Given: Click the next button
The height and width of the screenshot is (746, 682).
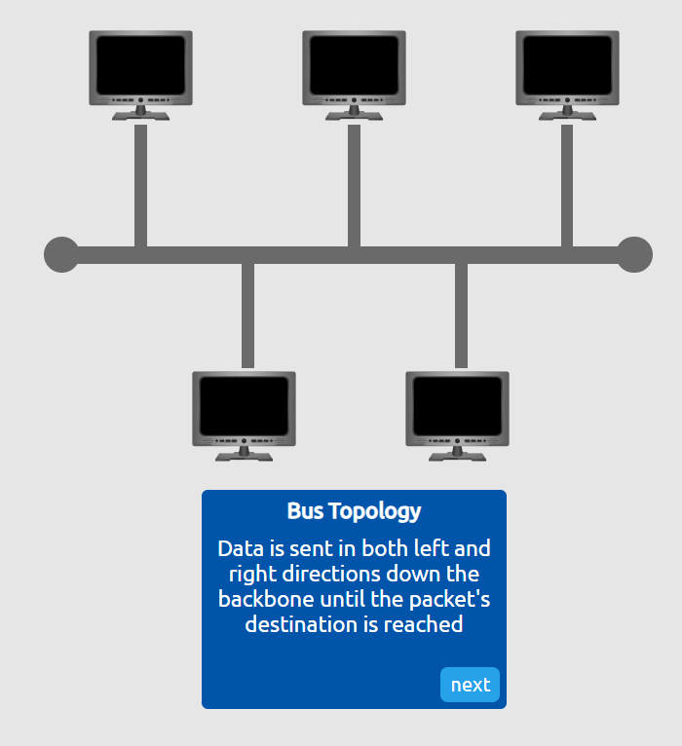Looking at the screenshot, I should (x=470, y=685).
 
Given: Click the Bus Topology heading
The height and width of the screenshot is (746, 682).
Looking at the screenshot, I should (x=354, y=511).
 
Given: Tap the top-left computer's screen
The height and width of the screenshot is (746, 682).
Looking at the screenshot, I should (x=140, y=64).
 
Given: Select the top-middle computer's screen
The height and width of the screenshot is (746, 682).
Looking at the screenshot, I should (x=354, y=64).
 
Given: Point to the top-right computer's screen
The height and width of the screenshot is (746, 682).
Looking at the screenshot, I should (x=567, y=64).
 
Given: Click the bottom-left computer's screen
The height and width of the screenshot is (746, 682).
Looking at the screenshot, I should (x=244, y=405).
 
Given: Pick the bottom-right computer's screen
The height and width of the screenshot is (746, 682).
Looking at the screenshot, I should (x=457, y=405).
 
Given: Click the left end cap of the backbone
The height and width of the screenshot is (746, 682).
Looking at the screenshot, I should (x=61, y=254).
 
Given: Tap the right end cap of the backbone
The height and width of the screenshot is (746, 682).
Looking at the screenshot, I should (x=634, y=254).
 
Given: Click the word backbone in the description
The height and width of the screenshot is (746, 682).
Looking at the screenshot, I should (x=262, y=599).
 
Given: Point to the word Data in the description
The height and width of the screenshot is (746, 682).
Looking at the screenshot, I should (x=238, y=548).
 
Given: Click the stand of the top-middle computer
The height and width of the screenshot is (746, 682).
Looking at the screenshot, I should (x=354, y=113).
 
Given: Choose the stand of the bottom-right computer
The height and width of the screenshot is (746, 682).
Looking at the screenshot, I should (x=457, y=454).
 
